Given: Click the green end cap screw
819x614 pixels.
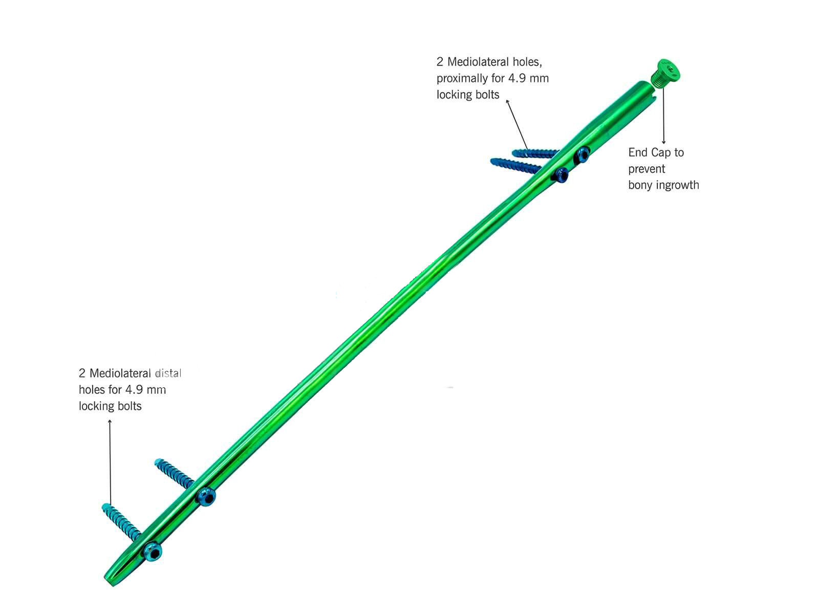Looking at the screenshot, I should tap(666, 72).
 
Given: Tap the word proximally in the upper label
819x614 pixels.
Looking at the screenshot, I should tap(463, 78).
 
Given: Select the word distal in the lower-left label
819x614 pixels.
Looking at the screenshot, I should tap(168, 374).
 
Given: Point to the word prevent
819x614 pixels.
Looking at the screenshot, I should tap(646, 169).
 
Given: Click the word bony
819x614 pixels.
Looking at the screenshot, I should tap(639, 185).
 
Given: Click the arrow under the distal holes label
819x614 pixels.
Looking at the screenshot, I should tap(110, 461).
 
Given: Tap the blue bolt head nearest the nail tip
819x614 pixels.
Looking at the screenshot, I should tap(152, 551).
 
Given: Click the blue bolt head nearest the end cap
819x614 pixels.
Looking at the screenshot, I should tap(582, 153).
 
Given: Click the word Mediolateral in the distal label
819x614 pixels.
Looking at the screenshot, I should tap(120, 374).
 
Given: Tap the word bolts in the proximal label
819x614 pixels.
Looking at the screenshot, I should tap(486, 95).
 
